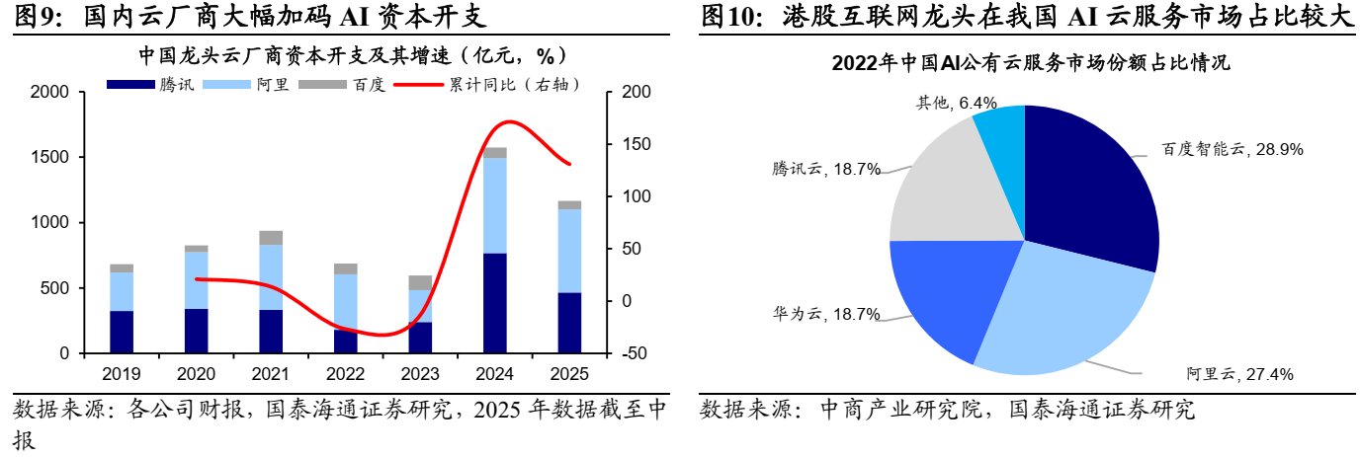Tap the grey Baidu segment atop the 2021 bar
point(271,238)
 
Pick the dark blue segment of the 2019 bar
point(122,332)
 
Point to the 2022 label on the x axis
point(346,375)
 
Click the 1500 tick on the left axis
point(49,158)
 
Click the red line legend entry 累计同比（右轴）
point(489,85)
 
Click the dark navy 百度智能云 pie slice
point(1087,188)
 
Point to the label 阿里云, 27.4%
point(1239,374)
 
